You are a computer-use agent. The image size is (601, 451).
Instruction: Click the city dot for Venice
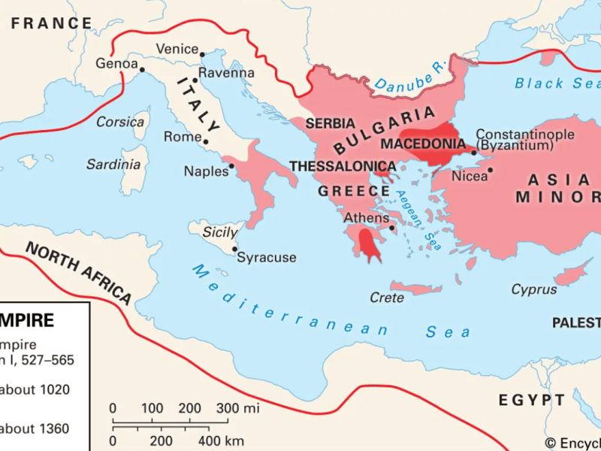202,53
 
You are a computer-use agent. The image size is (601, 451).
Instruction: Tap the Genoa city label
116,64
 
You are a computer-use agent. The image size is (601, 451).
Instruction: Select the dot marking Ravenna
194,79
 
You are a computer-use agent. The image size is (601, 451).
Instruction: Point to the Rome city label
181,137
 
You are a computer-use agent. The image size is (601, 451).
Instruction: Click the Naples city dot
233,166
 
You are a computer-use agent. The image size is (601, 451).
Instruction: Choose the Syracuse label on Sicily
267,258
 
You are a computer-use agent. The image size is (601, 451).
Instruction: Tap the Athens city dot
392,226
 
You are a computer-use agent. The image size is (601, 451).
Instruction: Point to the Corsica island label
120,121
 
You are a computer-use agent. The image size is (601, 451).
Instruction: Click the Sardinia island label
113,164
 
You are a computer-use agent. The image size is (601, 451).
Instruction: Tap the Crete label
387,298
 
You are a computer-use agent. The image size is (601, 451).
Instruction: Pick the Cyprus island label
534,289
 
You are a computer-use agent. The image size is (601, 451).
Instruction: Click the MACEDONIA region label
423,143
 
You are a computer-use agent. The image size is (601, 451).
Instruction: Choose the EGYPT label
530,399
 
